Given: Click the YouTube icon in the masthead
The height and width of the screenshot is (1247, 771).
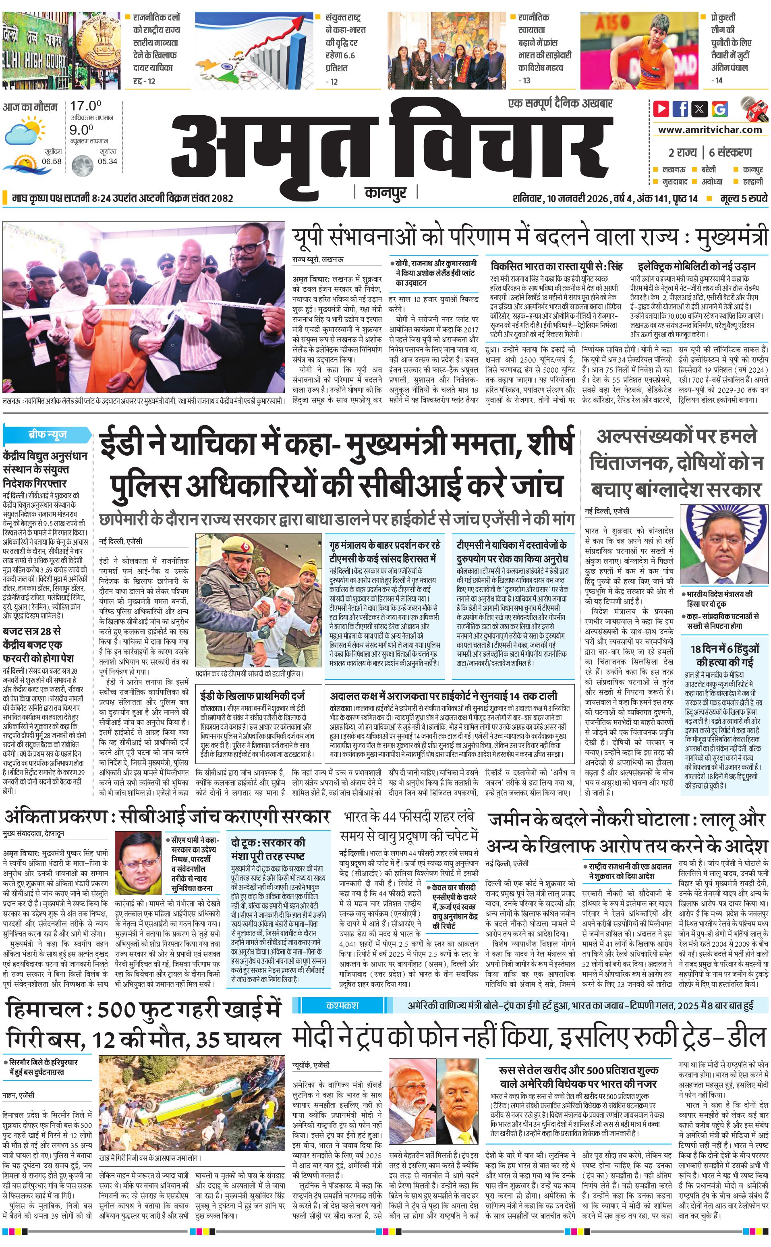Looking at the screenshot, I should (661, 109).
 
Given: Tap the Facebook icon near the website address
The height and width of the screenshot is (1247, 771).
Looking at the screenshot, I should (680, 109).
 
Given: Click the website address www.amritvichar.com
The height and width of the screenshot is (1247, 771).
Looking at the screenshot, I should (710, 130).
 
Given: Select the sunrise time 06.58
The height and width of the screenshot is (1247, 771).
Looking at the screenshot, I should (52, 161).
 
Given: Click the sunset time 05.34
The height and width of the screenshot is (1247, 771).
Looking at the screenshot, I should (107, 161).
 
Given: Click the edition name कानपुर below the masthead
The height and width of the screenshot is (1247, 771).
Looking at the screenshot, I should (386, 193).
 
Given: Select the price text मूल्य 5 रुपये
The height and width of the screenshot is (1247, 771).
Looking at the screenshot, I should (744, 198).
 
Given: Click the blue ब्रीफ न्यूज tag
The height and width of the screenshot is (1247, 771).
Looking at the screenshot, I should (47, 435).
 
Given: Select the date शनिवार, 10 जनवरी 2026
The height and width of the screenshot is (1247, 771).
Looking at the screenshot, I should (560, 198).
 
